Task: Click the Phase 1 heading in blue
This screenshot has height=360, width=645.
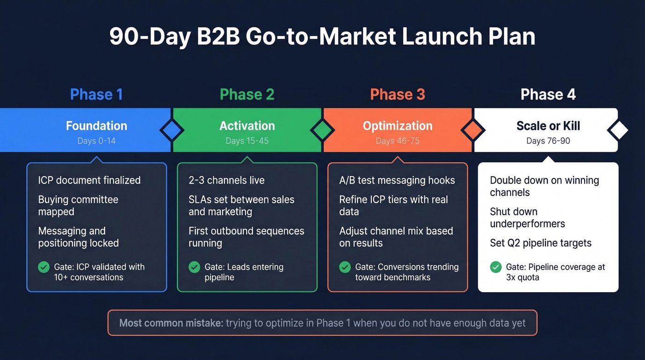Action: click(x=96, y=94)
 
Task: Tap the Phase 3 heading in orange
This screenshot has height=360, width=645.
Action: click(x=397, y=94)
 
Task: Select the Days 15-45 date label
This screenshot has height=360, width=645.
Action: click(x=247, y=141)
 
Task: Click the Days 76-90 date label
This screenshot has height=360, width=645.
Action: click(x=548, y=141)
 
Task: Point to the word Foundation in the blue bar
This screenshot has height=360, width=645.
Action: click(x=96, y=126)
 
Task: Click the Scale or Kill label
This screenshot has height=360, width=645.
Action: click(x=548, y=126)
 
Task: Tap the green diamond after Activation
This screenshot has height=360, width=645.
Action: click(x=322, y=130)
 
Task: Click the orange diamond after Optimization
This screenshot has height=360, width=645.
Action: click(x=473, y=130)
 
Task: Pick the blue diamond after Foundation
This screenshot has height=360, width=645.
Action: click(x=171, y=130)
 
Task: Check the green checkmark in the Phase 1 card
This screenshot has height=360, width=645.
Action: click(x=44, y=267)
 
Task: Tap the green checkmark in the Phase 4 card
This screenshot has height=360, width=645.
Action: click(x=496, y=267)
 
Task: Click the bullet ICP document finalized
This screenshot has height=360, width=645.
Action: click(x=89, y=180)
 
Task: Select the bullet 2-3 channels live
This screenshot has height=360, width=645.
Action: click(x=227, y=180)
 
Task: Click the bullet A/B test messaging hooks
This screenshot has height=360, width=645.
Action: click(x=397, y=180)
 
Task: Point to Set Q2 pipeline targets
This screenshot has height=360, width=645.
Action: click(x=540, y=243)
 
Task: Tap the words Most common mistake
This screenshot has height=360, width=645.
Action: click(x=170, y=323)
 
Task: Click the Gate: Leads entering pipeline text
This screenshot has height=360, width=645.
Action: click(x=244, y=272)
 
